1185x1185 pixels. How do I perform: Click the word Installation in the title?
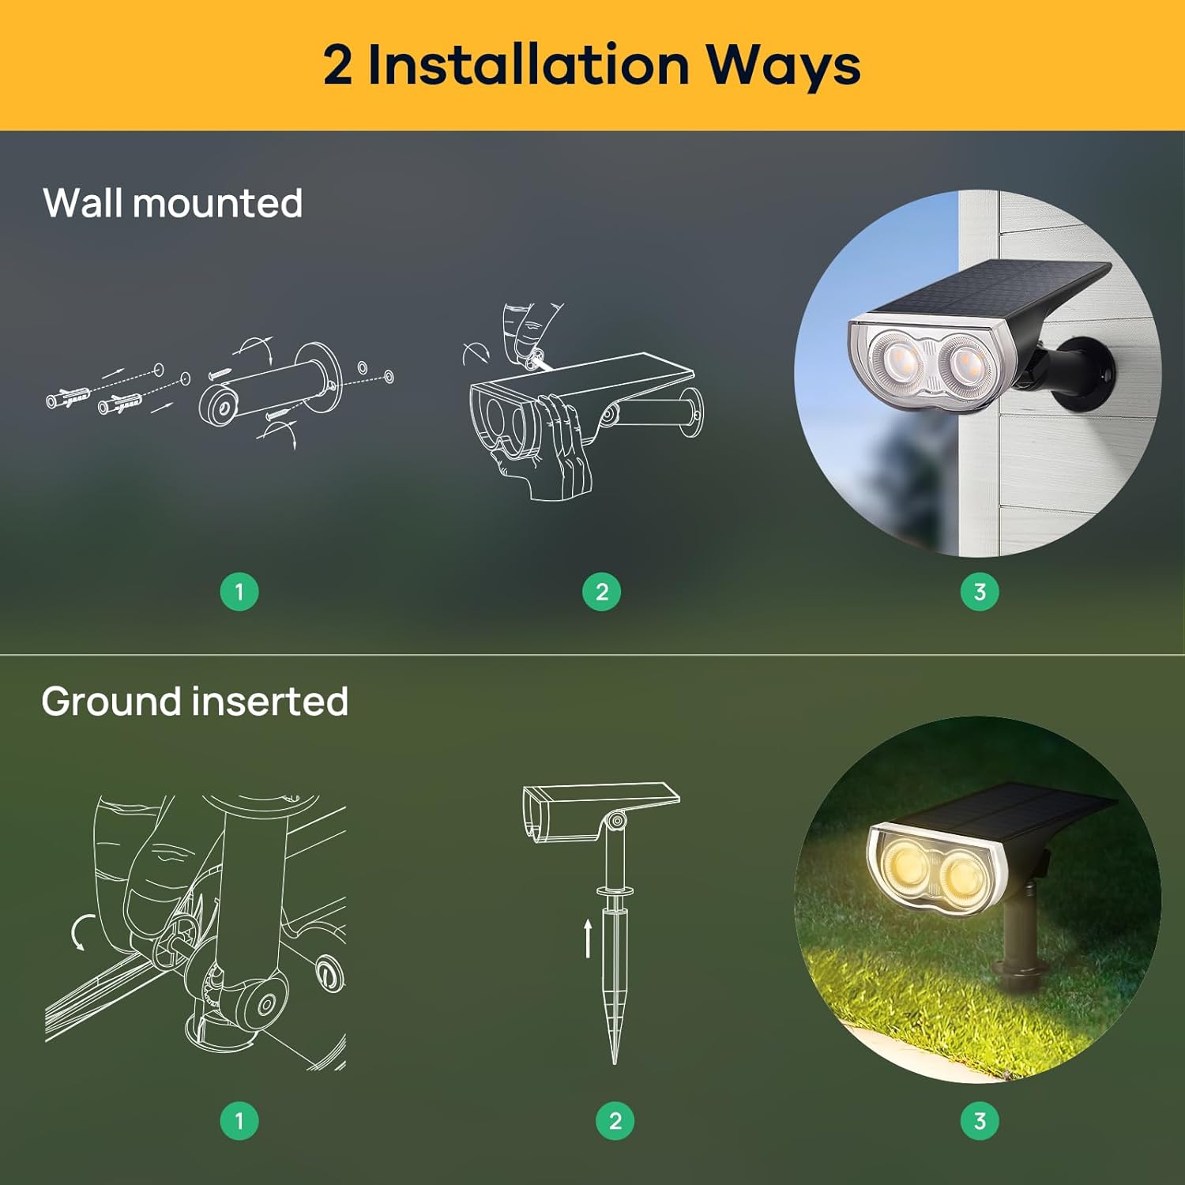click(x=529, y=65)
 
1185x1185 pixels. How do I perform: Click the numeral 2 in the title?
click(x=337, y=65)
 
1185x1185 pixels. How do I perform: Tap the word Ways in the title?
click(x=782, y=66)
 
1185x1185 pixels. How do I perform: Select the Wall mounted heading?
click(x=172, y=203)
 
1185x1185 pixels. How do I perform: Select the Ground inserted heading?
click(x=194, y=702)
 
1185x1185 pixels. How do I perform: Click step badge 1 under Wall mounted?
click(x=239, y=592)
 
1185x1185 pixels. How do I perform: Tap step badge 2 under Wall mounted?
click(x=601, y=592)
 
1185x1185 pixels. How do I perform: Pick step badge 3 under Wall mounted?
click(x=980, y=592)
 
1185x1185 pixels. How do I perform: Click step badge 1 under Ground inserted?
click(x=239, y=1120)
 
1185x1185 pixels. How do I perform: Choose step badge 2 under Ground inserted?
click(x=615, y=1120)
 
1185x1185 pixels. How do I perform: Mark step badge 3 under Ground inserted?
click(x=980, y=1120)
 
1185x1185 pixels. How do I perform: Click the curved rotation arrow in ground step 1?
click(x=80, y=933)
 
